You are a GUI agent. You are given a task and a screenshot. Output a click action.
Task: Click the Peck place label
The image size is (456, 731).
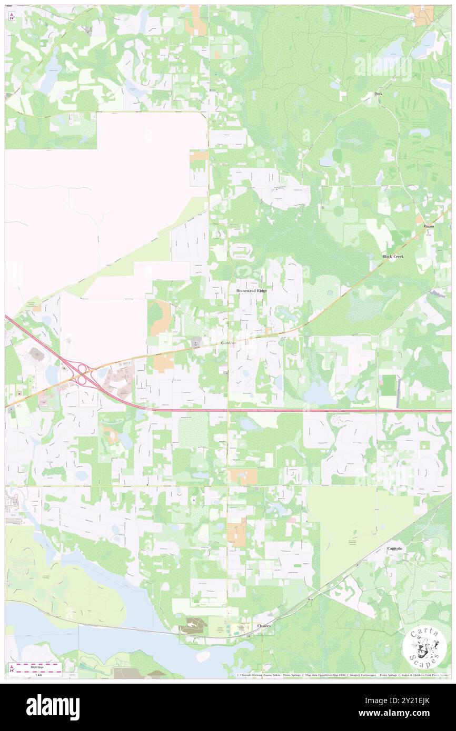click(378, 94)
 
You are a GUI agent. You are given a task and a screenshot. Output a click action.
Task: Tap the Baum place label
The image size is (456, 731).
click(429, 226)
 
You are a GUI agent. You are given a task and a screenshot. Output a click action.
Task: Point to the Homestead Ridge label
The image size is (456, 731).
click(252, 291)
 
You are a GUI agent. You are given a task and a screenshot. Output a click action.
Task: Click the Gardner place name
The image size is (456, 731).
click(228, 343)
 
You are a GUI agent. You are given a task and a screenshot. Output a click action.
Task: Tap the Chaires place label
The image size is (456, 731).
click(264, 626)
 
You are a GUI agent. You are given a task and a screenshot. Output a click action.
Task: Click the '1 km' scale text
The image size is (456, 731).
click(34, 674)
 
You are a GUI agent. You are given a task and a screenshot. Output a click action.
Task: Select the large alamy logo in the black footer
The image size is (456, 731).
click(53, 707)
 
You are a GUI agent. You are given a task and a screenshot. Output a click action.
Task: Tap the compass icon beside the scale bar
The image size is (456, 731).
click(12, 669)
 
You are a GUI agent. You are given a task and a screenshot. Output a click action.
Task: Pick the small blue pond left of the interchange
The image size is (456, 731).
click(52, 374)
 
